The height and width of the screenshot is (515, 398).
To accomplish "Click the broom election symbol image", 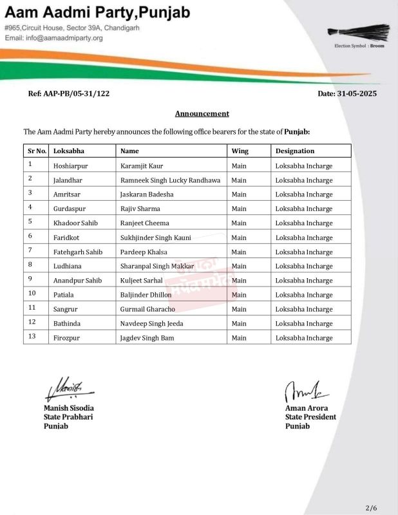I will pos(359,32).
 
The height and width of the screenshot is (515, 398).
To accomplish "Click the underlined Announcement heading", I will pos(202,114).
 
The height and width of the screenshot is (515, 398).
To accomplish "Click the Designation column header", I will pos(295,151).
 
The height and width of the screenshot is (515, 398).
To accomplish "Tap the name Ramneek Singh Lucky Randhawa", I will pos(170,180).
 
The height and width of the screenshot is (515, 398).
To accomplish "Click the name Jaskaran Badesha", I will pos(147,194).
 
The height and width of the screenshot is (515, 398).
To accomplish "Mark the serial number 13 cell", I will pos(32,337).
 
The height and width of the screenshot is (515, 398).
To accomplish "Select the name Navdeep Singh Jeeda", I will pos(152,323).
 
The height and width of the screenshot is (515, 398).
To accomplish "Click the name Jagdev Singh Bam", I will pos(147,338).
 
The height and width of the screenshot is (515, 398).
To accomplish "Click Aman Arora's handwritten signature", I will pos(307,390).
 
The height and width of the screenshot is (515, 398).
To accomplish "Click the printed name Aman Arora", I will pos(306,408).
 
